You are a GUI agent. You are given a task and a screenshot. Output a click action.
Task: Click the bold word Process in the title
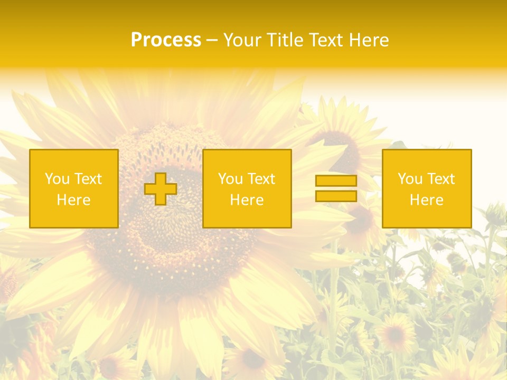coord(166,40)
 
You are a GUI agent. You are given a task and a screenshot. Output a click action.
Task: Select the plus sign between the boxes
coord(161,189)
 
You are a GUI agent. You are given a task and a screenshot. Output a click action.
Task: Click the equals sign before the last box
coord(336,188)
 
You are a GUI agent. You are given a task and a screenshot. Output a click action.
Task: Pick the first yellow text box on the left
coord(74,189)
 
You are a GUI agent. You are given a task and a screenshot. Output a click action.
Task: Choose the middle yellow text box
coord(247,189)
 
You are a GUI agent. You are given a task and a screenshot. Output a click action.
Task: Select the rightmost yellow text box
coord(427,189)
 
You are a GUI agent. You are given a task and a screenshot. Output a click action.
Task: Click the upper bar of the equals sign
coord(336,181)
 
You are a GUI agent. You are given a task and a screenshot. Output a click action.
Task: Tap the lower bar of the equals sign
coord(336,196)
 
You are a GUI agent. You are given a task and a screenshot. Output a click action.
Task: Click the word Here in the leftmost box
coord(74,200)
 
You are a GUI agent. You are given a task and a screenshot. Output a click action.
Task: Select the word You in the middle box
coord(230,179)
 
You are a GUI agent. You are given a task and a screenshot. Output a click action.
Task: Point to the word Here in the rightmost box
coord(427,200)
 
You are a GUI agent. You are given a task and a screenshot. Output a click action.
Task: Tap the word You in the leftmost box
coord(57,179)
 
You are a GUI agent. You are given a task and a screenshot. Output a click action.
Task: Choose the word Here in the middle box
coord(247,200)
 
